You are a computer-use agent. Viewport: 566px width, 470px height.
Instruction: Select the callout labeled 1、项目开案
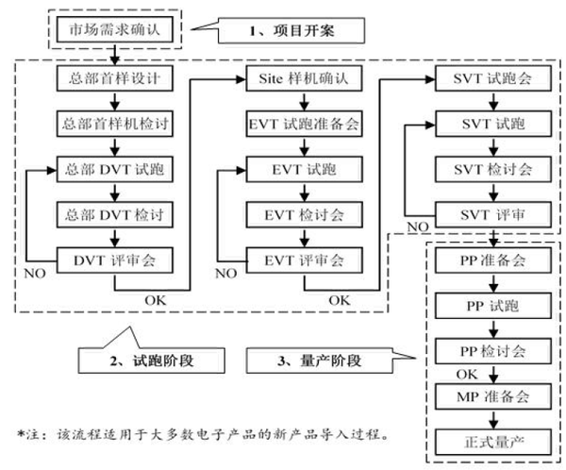[291, 31]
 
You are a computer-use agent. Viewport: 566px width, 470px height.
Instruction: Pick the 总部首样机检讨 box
[115, 125]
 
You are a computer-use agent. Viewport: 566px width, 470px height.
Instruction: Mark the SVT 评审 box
[491, 215]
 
